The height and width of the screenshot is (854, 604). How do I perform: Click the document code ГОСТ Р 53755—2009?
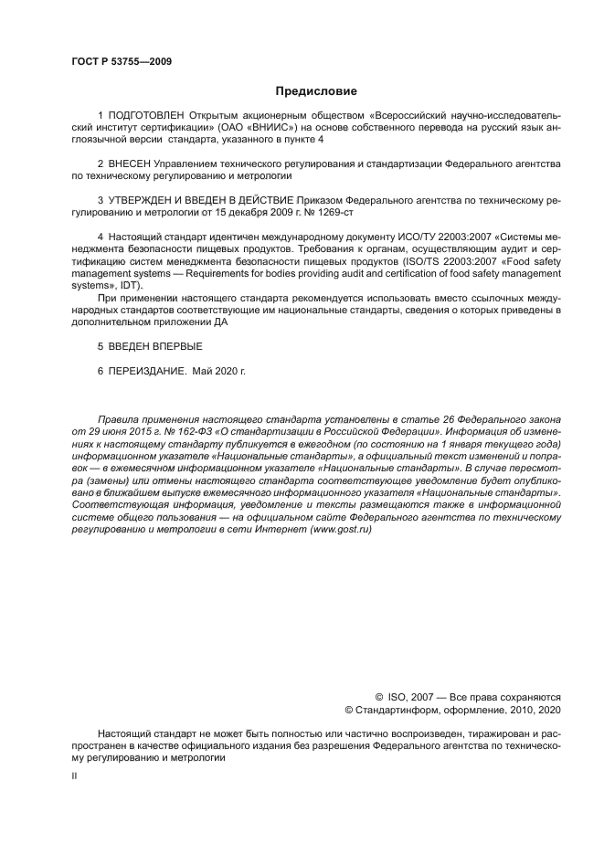pos(121,62)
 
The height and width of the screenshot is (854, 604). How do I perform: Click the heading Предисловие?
pos(316,91)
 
